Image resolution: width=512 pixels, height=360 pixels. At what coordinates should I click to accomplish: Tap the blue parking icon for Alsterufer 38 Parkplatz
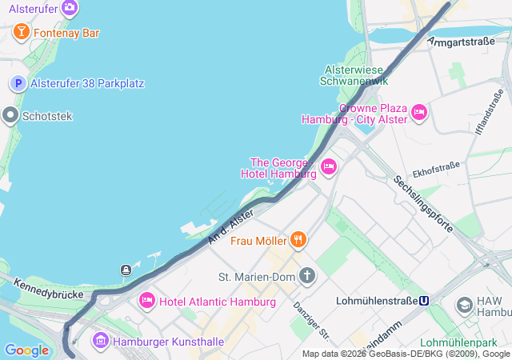[x=18, y=83]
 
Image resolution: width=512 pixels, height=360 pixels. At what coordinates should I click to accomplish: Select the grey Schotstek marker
[x=10, y=116]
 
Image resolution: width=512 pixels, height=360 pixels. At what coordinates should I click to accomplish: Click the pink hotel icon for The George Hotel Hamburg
[x=328, y=166]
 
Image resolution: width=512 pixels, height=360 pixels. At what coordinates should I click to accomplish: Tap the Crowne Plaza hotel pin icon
[x=418, y=113]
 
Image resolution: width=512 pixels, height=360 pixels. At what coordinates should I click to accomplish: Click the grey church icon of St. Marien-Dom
[x=308, y=277]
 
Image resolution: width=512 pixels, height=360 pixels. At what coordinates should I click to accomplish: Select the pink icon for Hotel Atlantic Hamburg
[x=147, y=302]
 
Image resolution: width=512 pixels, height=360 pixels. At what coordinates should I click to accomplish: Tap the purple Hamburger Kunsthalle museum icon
[x=101, y=341]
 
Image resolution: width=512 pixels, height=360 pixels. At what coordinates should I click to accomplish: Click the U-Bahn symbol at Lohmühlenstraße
[x=425, y=302]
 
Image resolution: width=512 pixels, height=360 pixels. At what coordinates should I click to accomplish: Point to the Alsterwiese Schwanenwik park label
[x=354, y=75]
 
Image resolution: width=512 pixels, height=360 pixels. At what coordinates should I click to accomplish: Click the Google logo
[x=26, y=350]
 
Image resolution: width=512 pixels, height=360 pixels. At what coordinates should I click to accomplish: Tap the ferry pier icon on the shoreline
[x=126, y=270]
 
